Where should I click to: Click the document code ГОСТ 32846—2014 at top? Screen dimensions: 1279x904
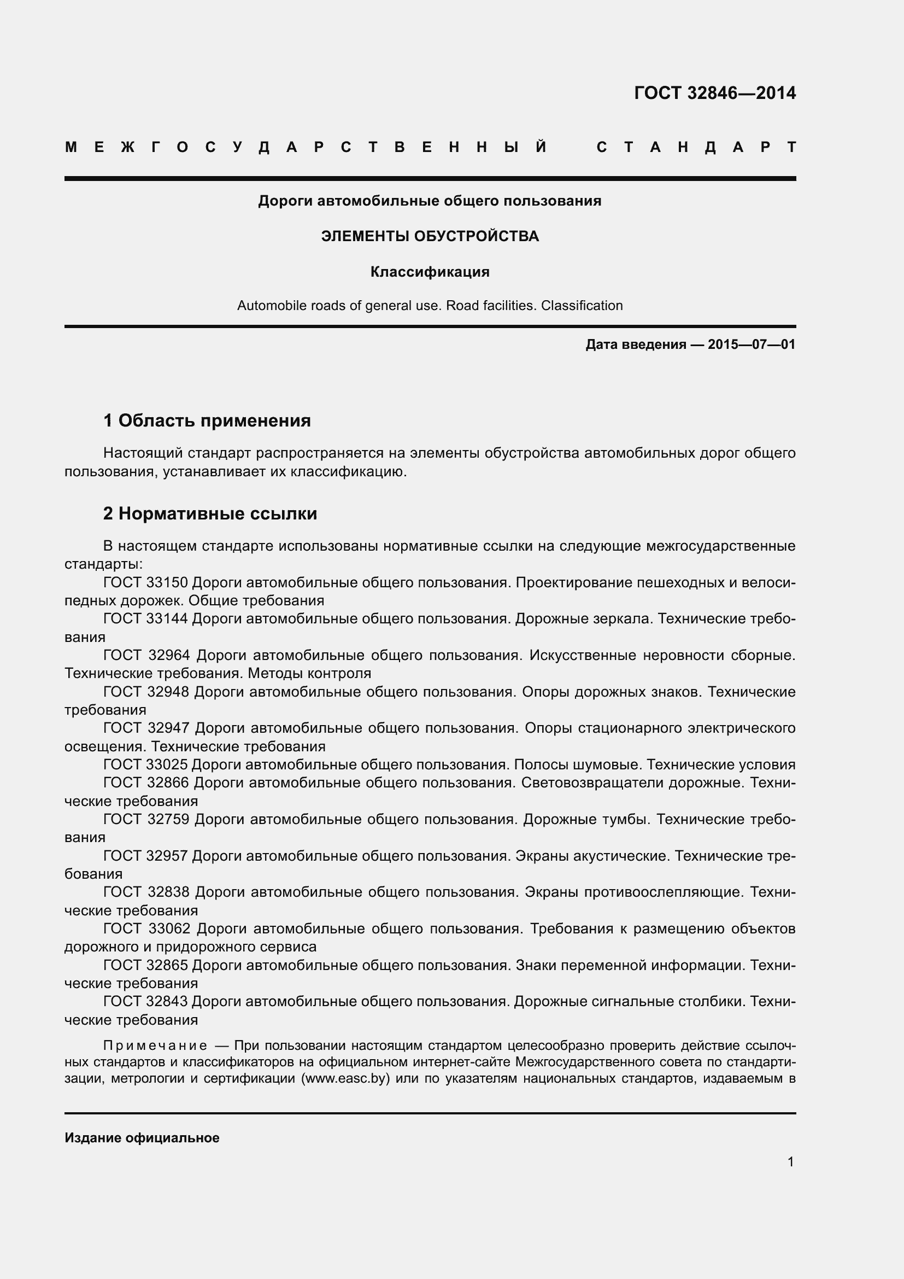point(715,93)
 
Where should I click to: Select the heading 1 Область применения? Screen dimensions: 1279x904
point(207,420)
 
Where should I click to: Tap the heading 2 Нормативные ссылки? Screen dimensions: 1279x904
point(210,513)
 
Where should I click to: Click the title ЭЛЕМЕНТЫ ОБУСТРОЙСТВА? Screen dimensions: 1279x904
point(430,236)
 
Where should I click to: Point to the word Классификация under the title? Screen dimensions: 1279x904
point(430,272)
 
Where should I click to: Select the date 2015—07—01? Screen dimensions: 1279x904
point(752,344)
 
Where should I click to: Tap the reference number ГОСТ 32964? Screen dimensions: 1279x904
point(146,655)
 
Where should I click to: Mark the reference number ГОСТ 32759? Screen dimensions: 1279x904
point(146,819)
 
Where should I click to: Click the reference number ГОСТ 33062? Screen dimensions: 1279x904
point(147,928)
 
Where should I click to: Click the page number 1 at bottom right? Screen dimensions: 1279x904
point(790,1162)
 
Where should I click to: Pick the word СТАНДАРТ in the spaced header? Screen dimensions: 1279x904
point(696,148)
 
